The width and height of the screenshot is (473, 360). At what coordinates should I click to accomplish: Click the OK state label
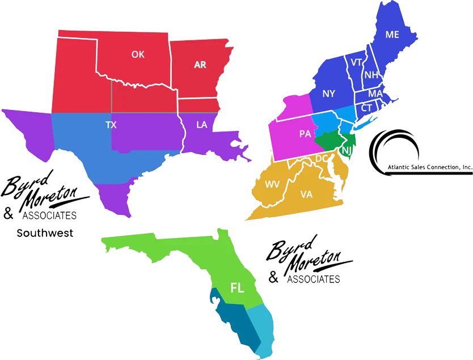click(x=138, y=54)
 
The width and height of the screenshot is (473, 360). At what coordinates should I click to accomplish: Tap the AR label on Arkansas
click(x=200, y=65)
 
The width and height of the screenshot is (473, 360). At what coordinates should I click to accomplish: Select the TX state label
click(x=111, y=125)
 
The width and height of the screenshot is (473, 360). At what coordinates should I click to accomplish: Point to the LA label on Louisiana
click(x=201, y=125)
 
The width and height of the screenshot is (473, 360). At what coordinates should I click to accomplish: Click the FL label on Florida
click(x=236, y=287)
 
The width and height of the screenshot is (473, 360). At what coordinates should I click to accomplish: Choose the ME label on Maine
click(x=392, y=35)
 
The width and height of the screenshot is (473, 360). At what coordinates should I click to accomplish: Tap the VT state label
click(x=357, y=62)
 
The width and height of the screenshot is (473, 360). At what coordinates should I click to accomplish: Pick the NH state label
click(x=371, y=75)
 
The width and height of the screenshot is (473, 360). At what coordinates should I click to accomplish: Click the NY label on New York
click(x=328, y=94)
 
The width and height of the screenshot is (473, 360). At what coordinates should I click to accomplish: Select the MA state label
click(x=375, y=94)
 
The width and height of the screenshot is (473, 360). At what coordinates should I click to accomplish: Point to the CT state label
click(x=366, y=108)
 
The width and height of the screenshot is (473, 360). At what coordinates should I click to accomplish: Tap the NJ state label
click(x=347, y=150)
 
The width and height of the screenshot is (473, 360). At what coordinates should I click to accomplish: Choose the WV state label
click(x=272, y=184)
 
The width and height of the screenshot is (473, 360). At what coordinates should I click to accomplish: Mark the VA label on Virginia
click(x=306, y=194)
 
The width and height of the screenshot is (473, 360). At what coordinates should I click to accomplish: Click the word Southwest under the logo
click(x=45, y=233)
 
